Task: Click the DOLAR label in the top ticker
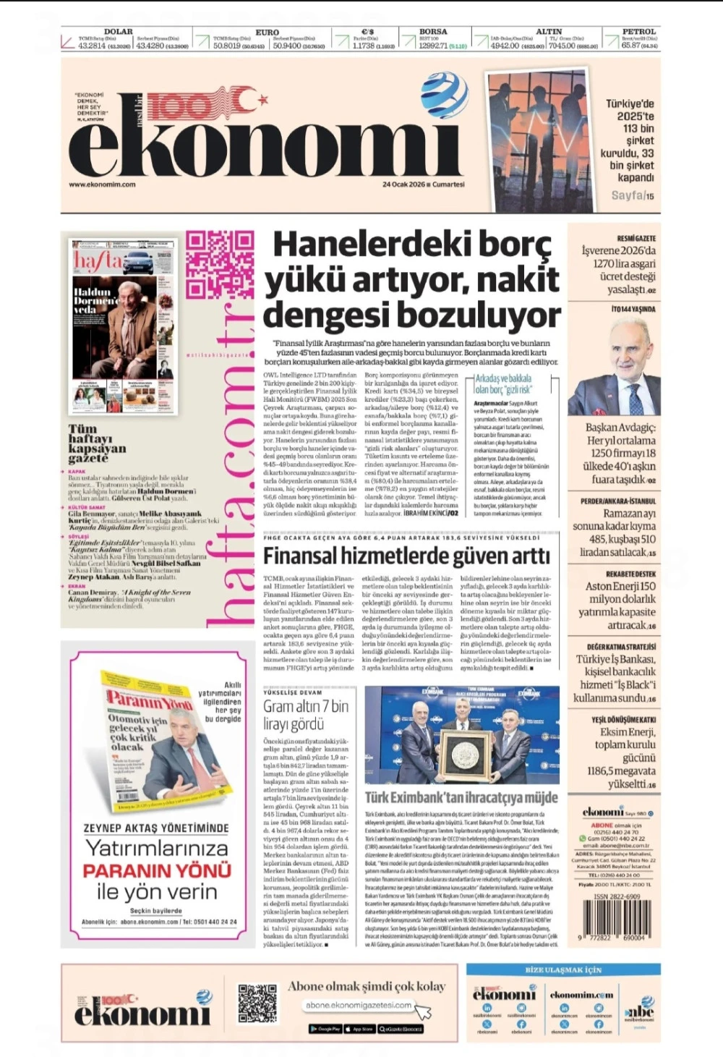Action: (118, 32)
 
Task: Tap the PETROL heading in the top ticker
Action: (638, 32)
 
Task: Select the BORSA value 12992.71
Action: (433, 46)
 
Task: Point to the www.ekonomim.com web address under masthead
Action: (102, 184)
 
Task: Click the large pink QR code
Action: (220, 264)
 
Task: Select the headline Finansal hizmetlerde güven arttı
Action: (406, 556)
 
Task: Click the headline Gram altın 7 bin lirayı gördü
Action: (305, 715)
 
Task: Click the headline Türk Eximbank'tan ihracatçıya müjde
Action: (461, 797)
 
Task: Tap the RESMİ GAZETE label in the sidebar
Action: (636, 238)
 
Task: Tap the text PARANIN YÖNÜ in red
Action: (156, 870)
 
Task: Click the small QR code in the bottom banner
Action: (257, 1003)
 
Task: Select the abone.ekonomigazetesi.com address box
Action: (359, 1005)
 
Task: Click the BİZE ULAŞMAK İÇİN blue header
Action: (562, 969)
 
